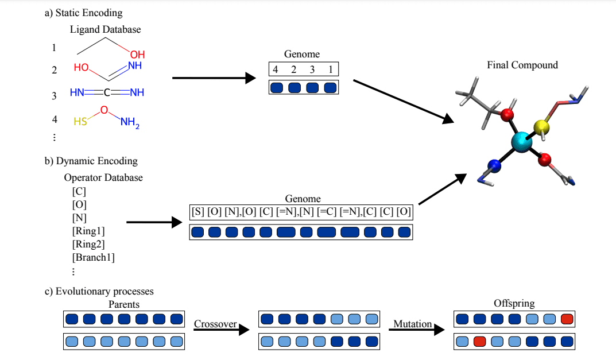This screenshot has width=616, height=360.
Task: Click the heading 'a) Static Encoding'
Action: click(x=83, y=13)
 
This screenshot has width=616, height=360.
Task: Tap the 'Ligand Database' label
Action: click(x=105, y=29)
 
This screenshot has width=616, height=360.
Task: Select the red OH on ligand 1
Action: click(x=137, y=55)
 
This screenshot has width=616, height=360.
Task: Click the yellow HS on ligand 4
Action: click(x=80, y=121)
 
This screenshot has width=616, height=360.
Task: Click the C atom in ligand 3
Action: click(x=107, y=92)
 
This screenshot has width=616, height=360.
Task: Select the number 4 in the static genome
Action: click(x=276, y=70)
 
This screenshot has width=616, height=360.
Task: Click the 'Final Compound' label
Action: click(x=522, y=65)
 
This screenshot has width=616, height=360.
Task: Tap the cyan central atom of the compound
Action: click(x=522, y=141)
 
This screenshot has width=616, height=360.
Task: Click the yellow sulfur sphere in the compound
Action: click(x=543, y=126)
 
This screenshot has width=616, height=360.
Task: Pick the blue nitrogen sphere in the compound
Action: click(x=494, y=167)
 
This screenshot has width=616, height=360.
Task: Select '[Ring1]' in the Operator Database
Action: click(x=88, y=231)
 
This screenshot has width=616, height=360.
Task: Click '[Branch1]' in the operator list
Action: click(x=93, y=257)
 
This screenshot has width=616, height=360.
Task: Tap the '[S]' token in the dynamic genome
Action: click(x=197, y=212)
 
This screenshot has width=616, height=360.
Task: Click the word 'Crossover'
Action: click(x=215, y=324)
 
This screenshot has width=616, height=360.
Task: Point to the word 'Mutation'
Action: click(x=412, y=324)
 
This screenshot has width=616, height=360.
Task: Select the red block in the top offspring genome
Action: click(x=566, y=318)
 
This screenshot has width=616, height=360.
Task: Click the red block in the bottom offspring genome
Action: click(x=479, y=342)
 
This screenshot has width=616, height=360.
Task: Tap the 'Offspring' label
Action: click(x=513, y=303)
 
